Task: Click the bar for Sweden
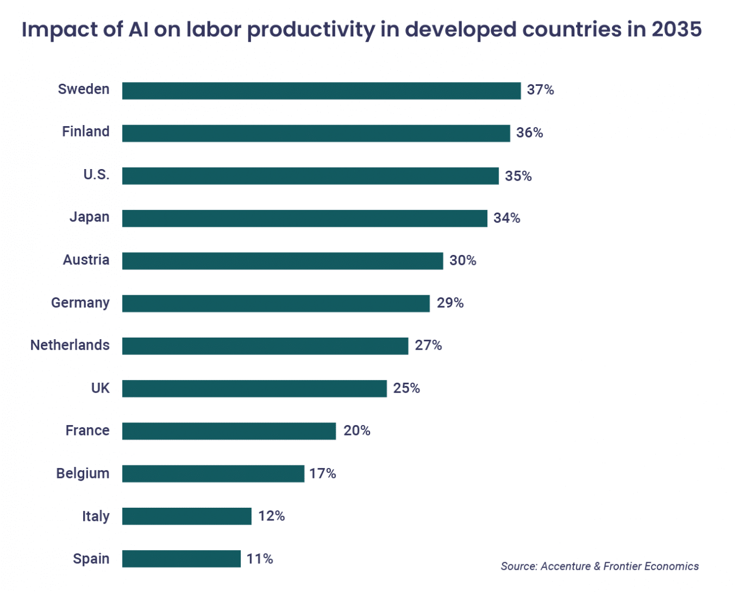(321, 91)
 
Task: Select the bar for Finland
(316, 133)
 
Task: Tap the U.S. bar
(310, 176)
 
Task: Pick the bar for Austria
(283, 261)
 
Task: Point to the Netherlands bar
(265, 346)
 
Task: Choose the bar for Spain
(181, 558)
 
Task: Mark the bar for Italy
(186, 516)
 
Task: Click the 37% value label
(540, 90)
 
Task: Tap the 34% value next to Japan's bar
(506, 218)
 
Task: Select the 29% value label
(450, 303)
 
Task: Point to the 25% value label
(406, 388)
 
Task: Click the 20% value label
(356, 431)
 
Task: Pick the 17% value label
(323, 473)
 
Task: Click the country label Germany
(80, 303)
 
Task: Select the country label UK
(101, 388)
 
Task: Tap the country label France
(87, 431)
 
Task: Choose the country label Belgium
(83, 473)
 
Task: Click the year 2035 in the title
(677, 29)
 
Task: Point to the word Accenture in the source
(566, 566)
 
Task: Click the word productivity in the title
(311, 30)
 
